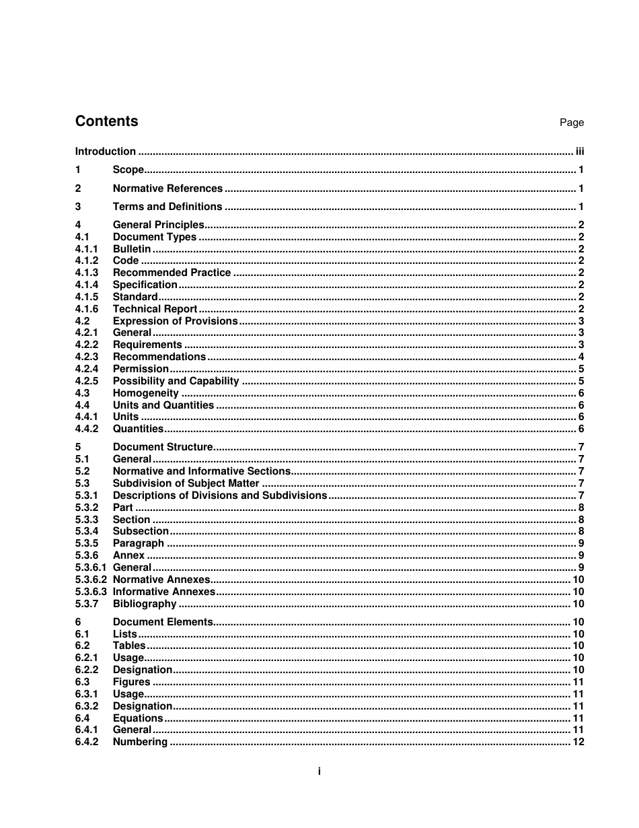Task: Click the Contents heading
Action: point(106,121)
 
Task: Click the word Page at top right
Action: point(572,123)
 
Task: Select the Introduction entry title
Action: point(105,151)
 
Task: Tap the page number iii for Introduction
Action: point(580,151)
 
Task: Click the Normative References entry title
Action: point(167,188)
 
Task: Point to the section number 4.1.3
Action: point(87,273)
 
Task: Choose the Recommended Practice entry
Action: point(172,273)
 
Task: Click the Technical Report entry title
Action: point(155,309)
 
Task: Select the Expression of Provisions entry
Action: point(175,321)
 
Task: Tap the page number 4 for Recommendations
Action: point(581,357)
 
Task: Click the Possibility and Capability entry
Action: point(176,381)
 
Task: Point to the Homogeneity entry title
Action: point(145,393)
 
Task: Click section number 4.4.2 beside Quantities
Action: point(87,429)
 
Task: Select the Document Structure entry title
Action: point(163,447)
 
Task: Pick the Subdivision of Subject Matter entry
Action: point(186,483)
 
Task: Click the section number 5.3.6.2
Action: point(91,580)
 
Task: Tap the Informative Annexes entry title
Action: point(163,592)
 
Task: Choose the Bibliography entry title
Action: point(144,604)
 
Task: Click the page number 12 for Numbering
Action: point(578,742)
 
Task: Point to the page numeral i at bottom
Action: point(319,771)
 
